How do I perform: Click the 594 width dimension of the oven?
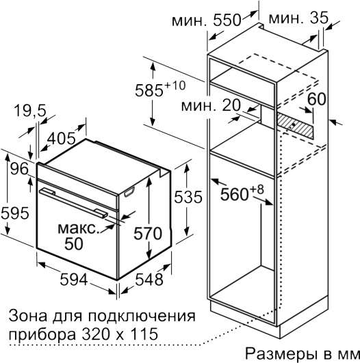point(74,280)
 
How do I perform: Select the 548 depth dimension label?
point(149,280)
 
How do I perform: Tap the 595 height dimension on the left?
point(15,213)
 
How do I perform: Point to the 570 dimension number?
point(148,233)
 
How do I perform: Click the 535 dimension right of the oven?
point(188,197)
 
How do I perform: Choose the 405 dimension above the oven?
point(61,139)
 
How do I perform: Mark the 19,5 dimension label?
point(30,111)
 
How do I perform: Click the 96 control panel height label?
point(19,169)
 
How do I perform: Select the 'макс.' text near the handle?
point(78,228)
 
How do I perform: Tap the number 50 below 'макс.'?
point(74,243)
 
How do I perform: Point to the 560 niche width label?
point(242,193)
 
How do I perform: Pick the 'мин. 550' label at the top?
point(207,20)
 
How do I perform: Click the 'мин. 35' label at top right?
point(298,18)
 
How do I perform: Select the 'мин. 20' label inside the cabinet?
point(211,105)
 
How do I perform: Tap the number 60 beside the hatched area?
point(317,99)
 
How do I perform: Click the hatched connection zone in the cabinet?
point(295,126)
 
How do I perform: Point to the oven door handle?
point(73,202)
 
